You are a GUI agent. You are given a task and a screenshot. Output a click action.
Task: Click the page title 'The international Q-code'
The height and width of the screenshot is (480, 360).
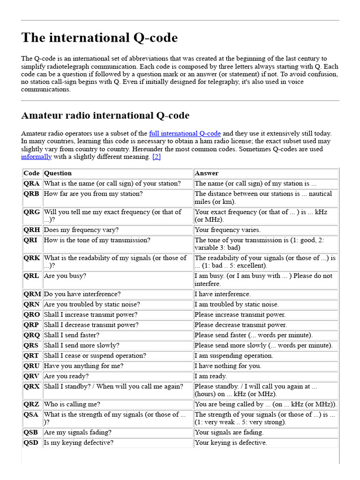(x=99, y=38)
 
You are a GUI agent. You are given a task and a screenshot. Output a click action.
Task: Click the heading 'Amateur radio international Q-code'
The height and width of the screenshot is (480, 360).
(x=105, y=115)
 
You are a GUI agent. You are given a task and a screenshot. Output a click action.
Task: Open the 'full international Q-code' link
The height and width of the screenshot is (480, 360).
(x=185, y=134)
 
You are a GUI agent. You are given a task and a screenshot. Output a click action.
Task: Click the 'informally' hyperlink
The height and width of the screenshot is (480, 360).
(x=36, y=157)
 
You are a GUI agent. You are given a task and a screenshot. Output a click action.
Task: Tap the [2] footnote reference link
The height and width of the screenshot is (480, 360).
(x=157, y=157)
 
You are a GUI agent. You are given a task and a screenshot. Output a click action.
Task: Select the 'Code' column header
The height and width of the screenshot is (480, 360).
(x=31, y=173)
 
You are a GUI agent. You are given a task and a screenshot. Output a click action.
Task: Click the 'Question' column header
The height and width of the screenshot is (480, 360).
(x=58, y=173)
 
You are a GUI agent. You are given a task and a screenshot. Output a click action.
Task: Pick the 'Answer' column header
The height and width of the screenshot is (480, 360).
(x=207, y=173)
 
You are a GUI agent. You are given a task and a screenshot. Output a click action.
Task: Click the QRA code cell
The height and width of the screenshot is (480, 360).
(x=31, y=183)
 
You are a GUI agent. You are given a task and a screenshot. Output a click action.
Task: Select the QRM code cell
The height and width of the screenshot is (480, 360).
(x=32, y=294)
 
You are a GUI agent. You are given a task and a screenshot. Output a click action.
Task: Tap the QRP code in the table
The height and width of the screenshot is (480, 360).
(x=31, y=325)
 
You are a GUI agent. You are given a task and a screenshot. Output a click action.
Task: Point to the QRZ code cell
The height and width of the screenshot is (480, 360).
(x=31, y=404)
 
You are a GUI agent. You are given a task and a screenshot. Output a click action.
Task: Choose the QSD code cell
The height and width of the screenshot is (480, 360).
(x=31, y=442)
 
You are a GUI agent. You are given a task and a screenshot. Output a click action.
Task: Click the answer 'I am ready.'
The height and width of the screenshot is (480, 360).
(x=211, y=376)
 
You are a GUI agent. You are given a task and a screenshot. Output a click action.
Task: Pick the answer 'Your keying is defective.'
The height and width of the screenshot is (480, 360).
(x=231, y=442)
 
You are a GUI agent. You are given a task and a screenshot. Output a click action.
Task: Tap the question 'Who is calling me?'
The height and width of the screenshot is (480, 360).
(x=72, y=404)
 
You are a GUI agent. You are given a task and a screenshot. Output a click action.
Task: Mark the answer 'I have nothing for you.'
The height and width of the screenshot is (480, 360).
(x=228, y=366)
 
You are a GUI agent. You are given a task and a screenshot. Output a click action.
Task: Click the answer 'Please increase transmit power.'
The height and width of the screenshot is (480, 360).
(x=240, y=315)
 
